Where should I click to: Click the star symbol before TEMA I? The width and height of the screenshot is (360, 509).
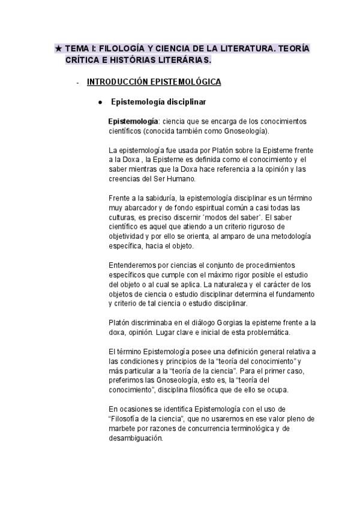pyautogui.click(x=58, y=49)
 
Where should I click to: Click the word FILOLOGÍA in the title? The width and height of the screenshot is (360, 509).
pyautogui.click(x=120, y=49)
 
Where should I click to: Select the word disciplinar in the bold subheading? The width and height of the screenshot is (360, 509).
pyautogui.click(x=185, y=102)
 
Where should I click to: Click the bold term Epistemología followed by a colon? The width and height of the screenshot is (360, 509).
pyautogui.click(x=133, y=122)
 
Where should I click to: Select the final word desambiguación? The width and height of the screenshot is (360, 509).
pyautogui.click(x=136, y=438)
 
